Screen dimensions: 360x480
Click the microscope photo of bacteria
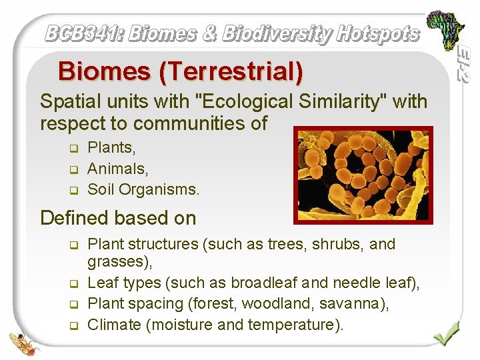364,174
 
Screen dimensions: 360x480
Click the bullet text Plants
111,147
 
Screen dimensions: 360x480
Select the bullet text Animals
117,169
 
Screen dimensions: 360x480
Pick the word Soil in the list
101,190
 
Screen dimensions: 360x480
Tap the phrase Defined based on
118,218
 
